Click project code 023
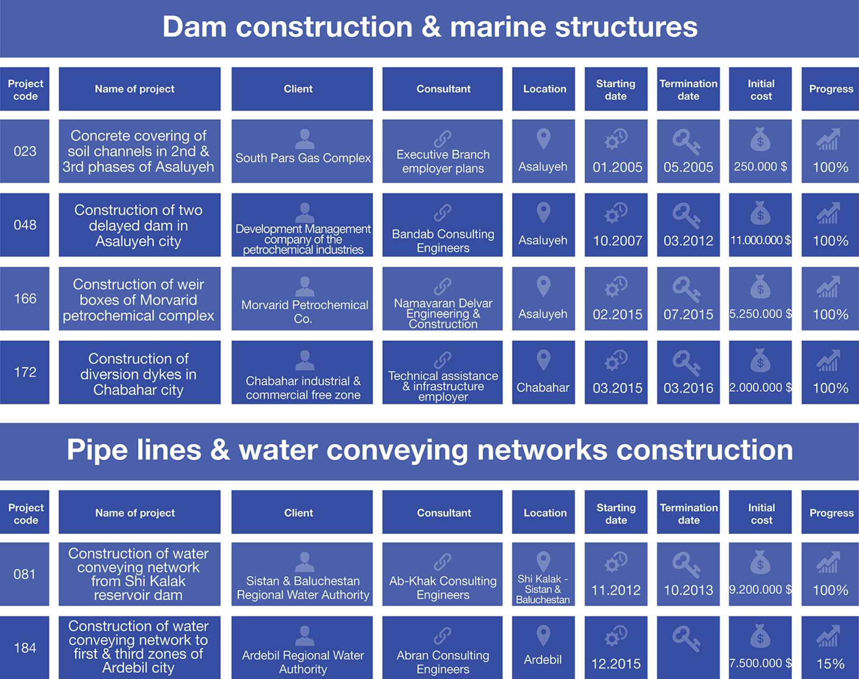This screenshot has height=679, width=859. (25, 151)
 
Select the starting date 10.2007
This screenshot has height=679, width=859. (617, 241)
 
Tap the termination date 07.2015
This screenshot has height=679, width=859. (688, 314)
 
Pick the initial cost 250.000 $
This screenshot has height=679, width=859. (760, 166)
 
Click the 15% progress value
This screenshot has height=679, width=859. (830, 664)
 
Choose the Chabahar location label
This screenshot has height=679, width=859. (543, 388)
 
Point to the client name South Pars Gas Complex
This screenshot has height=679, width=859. (303, 158)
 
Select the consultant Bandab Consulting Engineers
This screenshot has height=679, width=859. (443, 241)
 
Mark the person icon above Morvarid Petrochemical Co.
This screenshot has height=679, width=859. (304, 286)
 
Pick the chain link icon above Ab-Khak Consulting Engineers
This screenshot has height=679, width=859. (443, 562)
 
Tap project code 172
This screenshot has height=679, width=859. (25, 372)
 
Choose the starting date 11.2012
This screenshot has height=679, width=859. (616, 590)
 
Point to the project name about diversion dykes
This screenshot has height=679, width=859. (138, 374)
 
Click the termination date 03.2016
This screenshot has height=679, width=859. (688, 388)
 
